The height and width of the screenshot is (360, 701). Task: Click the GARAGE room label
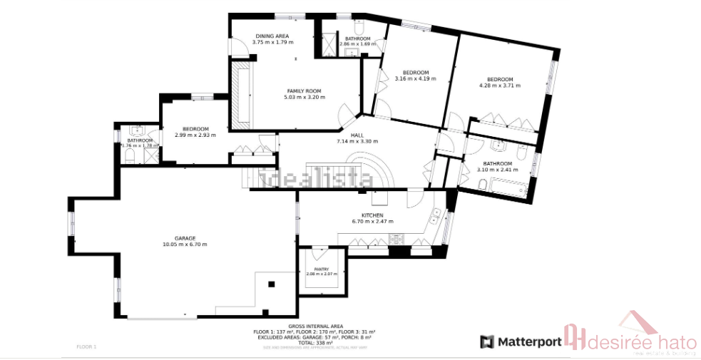point(185,238)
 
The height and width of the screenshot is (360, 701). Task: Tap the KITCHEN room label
point(372,215)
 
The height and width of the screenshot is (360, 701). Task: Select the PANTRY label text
point(319,269)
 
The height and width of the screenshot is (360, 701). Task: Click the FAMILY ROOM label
point(305,91)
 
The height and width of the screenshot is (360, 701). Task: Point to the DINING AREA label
point(272,36)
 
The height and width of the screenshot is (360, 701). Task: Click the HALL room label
point(357,135)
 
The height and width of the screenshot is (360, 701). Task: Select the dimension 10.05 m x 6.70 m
point(185,245)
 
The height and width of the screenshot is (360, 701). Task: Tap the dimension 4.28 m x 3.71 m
point(500,86)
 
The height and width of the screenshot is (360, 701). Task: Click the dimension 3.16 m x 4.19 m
point(415,78)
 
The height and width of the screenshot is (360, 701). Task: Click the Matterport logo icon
point(487,341)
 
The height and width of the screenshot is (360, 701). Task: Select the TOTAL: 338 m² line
point(314,342)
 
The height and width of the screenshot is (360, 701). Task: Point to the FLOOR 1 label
point(86,346)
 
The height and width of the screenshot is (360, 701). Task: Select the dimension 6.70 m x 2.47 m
point(372,222)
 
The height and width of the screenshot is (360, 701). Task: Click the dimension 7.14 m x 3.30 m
point(357,141)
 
